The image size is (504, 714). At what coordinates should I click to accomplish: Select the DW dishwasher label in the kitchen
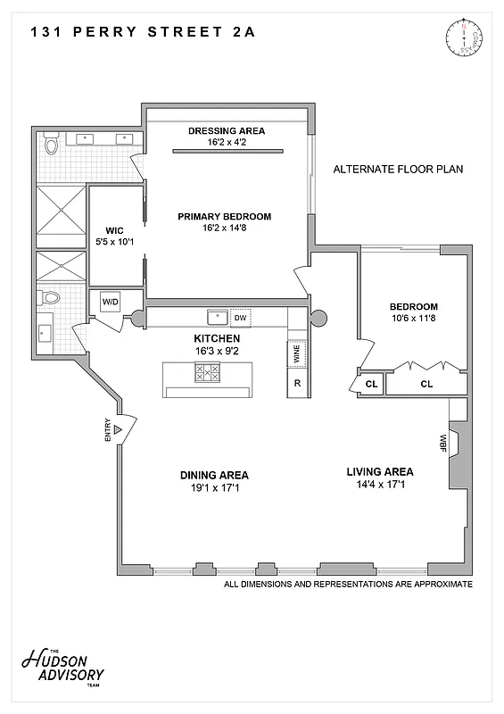pos(241,317)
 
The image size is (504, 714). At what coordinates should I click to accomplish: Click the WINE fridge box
pos(296,354)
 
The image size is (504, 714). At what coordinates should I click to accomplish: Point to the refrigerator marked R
pos(296,384)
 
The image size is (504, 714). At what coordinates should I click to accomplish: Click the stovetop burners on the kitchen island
pos(208,373)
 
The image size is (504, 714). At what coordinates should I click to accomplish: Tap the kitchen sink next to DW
pos(215,317)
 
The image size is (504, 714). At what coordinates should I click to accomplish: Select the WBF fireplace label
pos(442,442)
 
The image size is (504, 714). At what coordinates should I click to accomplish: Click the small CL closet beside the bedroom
pos(371,385)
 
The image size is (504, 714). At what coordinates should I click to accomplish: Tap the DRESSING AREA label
pos(226,131)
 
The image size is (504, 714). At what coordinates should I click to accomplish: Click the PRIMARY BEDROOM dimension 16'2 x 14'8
pos(224,228)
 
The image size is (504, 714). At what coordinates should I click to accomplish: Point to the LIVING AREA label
pos(379,471)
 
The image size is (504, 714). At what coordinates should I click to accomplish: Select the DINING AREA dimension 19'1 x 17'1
pos(214,488)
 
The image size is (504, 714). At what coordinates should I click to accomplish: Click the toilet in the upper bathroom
pos(51,143)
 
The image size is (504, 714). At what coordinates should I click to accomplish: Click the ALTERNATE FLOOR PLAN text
pos(398,169)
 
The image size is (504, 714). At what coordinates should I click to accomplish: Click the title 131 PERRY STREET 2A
pos(143,32)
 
